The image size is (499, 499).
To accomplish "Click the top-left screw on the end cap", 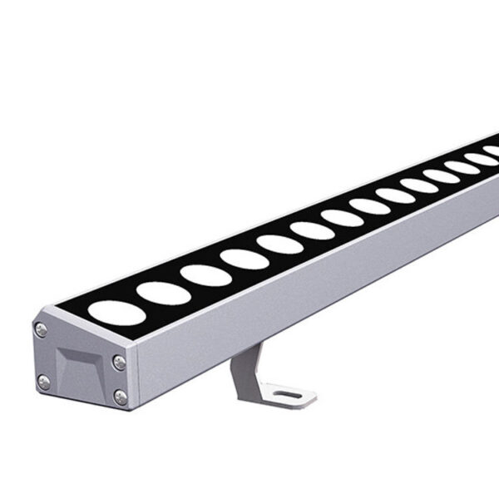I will tap(42, 329).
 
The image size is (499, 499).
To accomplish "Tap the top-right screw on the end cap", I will tap(120, 362).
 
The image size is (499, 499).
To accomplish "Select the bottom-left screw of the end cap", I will tap(44, 382).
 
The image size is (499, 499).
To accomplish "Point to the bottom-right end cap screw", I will tap(120, 396).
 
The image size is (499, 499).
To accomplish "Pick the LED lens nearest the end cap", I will tap(110, 310).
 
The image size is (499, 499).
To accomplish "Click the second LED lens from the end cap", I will tap(162, 292).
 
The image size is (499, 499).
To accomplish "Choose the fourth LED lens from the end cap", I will tap(245, 259).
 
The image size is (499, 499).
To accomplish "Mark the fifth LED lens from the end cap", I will tap(279, 245).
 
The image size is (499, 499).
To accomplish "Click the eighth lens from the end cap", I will tap(368, 206).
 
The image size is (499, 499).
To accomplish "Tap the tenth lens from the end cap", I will tap(417, 186).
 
